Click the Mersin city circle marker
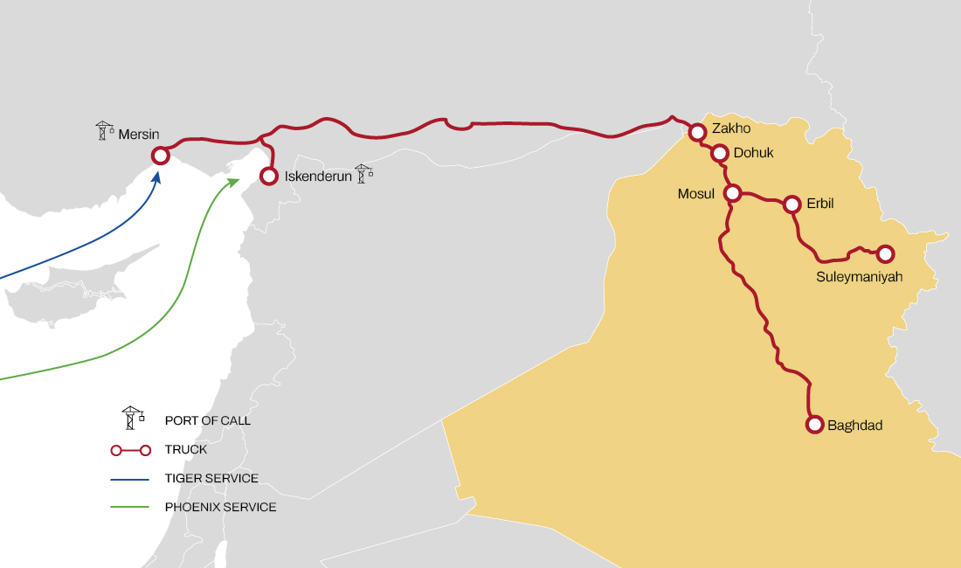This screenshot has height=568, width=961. pyautogui.click(x=161, y=156)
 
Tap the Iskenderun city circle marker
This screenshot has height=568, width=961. pyautogui.click(x=269, y=177)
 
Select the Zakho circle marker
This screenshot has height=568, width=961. pyautogui.click(x=697, y=133)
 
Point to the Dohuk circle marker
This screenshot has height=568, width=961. pyautogui.click(x=720, y=154)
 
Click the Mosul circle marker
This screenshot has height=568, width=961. pyautogui.click(x=733, y=192)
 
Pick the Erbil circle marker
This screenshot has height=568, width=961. pyautogui.click(x=792, y=204)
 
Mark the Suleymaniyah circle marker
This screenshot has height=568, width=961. pyautogui.click(x=885, y=254)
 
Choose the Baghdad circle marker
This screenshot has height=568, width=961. pyautogui.click(x=814, y=425)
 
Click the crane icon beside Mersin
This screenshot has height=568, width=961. pyautogui.click(x=105, y=131)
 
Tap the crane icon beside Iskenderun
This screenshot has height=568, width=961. pyautogui.click(x=363, y=173)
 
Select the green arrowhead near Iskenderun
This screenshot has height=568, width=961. pyautogui.click(x=234, y=181)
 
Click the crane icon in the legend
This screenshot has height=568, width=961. pyautogui.click(x=132, y=418)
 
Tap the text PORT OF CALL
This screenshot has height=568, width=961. pyautogui.click(x=208, y=420)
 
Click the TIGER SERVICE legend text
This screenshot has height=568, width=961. pyautogui.click(x=211, y=479)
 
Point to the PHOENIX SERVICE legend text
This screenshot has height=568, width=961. pyautogui.click(x=220, y=507)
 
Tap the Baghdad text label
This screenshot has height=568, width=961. pyautogui.click(x=855, y=426)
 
